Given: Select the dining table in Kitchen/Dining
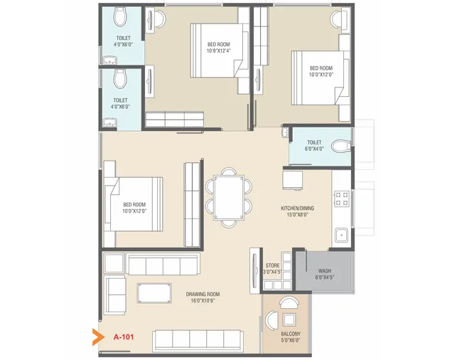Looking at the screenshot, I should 229,196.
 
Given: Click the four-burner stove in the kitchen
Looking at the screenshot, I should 341,199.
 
